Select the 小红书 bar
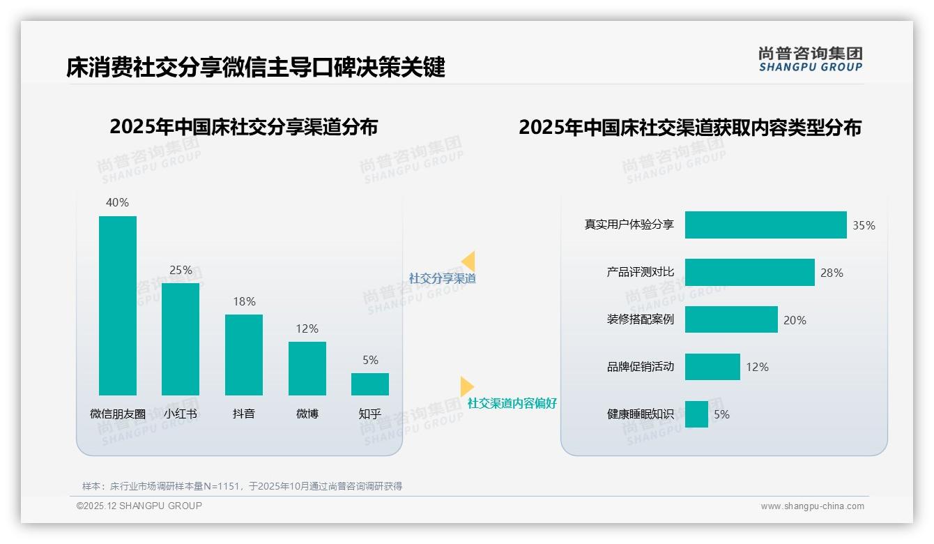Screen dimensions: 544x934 pyautogui.click(x=181, y=339)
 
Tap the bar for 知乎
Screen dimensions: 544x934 pyautogui.click(x=370, y=384)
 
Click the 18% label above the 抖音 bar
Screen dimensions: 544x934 pyautogui.click(x=244, y=301)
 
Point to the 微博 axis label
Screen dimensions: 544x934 pyautogui.click(x=307, y=414)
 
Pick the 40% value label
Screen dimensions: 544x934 pyautogui.click(x=117, y=202)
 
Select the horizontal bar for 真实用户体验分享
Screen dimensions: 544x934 pyautogui.click(x=765, y=225)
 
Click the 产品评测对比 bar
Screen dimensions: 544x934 pyautogui.click(x=749, y=273)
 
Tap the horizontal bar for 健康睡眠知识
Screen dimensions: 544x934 pyautogui.click(x=696, y=414)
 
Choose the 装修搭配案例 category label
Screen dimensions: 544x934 pyautogui.click(x=641, y=319)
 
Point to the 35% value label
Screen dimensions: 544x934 pyautogui.click(x=864, y=225)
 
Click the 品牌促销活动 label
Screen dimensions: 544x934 pyautogui.click(x=641, y=366)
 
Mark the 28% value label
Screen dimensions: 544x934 pyautogui.click(x=832, y=273)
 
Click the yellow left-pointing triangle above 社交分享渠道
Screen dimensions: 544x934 pyautogui.click(x=468, y=261)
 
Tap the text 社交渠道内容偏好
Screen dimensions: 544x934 pyautogui.click(x=512, y=403)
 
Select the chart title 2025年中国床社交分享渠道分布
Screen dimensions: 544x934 pyautogui.click(x=244, y=127)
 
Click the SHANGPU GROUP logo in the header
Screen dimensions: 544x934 pyautogui.click(x=811, y=59)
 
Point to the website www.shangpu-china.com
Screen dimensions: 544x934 pyautogui.click(x=812, y=506)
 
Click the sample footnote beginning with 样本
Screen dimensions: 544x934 pyautogui.click(x=243, y=486)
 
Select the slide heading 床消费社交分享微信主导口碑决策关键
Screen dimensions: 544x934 pyautogui.click(x=256, y=68)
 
